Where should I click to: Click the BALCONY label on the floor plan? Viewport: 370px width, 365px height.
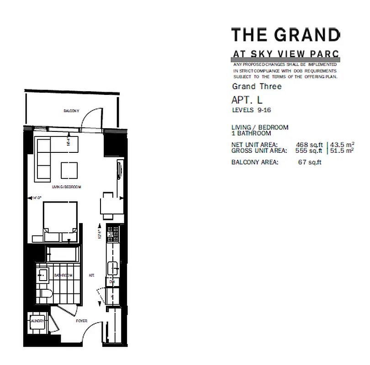coord(71,111)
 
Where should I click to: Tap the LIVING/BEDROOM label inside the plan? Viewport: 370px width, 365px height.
coord(66,188)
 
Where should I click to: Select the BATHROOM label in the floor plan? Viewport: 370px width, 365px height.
coord(63,276)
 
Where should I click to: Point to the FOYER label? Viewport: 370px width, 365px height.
coord(82,321)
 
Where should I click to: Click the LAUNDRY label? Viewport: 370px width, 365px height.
coord(37,321)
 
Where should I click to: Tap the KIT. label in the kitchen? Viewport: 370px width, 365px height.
coord(91,276)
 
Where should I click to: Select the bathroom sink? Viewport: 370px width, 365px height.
coord(42,275)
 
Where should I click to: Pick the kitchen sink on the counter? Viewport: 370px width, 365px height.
coord(112,268)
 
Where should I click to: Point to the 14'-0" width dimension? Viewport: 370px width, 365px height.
coord(37,198)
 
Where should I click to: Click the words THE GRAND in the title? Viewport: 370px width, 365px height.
coord(285,34)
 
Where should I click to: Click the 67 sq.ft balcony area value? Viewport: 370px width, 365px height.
coord(309,162)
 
